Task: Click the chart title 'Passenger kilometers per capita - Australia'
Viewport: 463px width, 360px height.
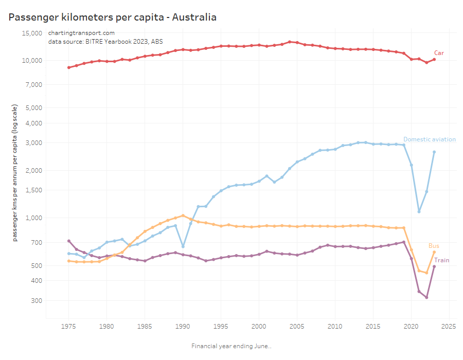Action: (113, 17)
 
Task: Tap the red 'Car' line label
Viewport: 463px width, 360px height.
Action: (439, 53)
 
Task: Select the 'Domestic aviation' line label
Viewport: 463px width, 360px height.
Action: (429, 139)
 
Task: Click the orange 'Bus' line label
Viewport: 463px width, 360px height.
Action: (434, 246)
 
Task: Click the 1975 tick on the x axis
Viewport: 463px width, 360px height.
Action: (68, 326)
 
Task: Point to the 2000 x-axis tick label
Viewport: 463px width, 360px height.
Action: (259, 326)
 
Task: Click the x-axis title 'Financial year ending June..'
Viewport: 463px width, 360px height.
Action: (231, 346)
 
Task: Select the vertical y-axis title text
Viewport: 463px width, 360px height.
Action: (15, 171)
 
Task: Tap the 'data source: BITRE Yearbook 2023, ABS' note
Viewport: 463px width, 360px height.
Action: (105, 42)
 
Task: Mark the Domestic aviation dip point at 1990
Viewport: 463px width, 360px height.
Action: (183, 246)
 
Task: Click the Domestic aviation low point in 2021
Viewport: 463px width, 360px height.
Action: (419, 211)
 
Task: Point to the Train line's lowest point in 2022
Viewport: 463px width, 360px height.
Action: (426, 297)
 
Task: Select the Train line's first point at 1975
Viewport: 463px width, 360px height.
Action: (68, 241)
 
